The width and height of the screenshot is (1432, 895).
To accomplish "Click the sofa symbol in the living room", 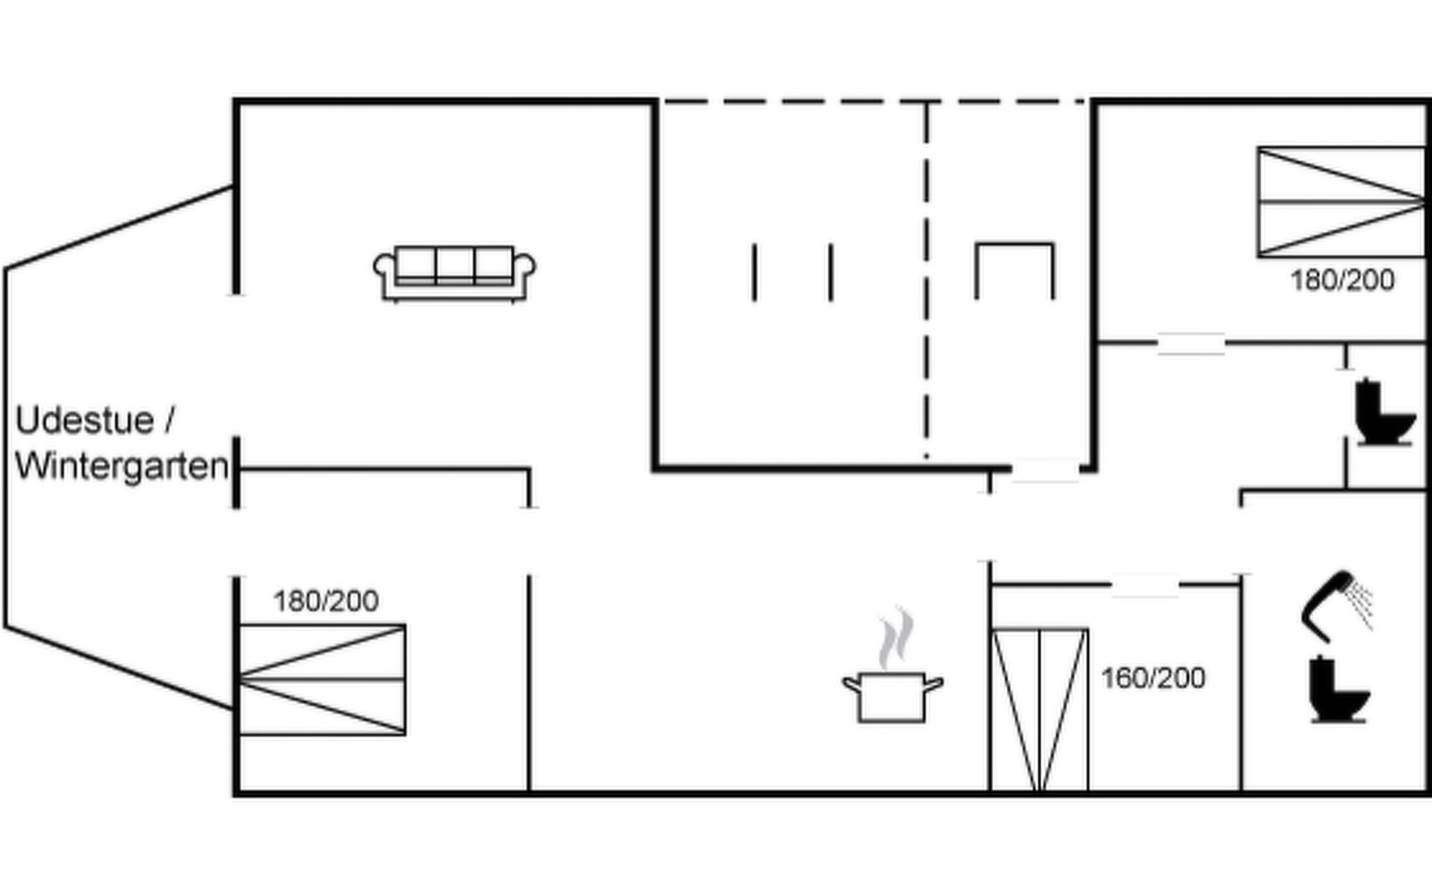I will coord(454,273).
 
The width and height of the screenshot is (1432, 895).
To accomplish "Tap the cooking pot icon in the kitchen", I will coord(892,697).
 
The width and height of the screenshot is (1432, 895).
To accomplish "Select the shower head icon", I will coord(1336,604).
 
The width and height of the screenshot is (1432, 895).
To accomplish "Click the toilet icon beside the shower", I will coord(1338,690).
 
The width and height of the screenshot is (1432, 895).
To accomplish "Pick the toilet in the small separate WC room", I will coord(1384,412).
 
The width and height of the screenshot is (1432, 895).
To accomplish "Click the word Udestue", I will coord(84,421).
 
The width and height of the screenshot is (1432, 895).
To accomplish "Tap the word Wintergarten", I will coord(122,467).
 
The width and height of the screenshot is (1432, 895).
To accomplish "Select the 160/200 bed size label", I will coord(1153,678).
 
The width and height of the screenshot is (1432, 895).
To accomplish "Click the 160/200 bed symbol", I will coord(1040,709).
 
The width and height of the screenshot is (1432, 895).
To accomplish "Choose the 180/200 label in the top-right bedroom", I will coord(1342,280).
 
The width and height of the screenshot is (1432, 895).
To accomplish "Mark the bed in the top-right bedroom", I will coord(1341,201).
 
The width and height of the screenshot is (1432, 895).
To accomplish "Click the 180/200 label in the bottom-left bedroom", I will coord(326,601).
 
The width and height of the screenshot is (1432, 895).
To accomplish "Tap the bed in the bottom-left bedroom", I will coord(322,679).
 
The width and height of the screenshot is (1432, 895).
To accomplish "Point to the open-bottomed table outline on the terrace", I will coord(1014,268).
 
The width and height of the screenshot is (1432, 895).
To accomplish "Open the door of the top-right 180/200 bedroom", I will coord(1190,344).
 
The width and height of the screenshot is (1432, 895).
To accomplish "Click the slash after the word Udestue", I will coord(169,420).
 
